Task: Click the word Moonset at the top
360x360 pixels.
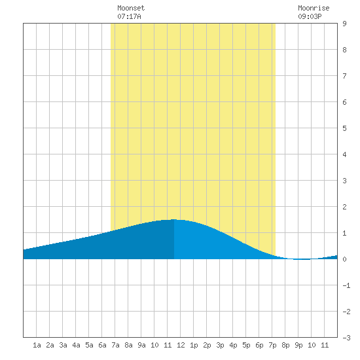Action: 131,8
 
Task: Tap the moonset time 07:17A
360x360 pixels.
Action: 129,16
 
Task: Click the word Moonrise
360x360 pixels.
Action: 314,8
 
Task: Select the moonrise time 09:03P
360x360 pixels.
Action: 310,16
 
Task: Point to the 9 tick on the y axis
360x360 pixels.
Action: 344,24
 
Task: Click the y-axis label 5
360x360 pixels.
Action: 344,128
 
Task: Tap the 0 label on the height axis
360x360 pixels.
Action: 344,259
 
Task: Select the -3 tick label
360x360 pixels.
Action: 346,338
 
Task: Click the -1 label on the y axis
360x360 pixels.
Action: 346,285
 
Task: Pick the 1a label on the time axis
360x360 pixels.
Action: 37,345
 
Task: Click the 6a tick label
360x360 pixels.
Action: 102,345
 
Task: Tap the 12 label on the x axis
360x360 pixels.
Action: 181,345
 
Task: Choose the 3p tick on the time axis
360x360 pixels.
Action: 220,345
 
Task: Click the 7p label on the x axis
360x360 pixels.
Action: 272,345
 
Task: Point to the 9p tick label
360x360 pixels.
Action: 298,345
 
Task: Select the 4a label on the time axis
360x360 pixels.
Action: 76,345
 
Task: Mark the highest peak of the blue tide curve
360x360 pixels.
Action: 174,219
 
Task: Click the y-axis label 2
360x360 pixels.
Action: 344,207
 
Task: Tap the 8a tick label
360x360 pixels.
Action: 128,345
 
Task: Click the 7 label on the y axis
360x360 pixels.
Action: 344,76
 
